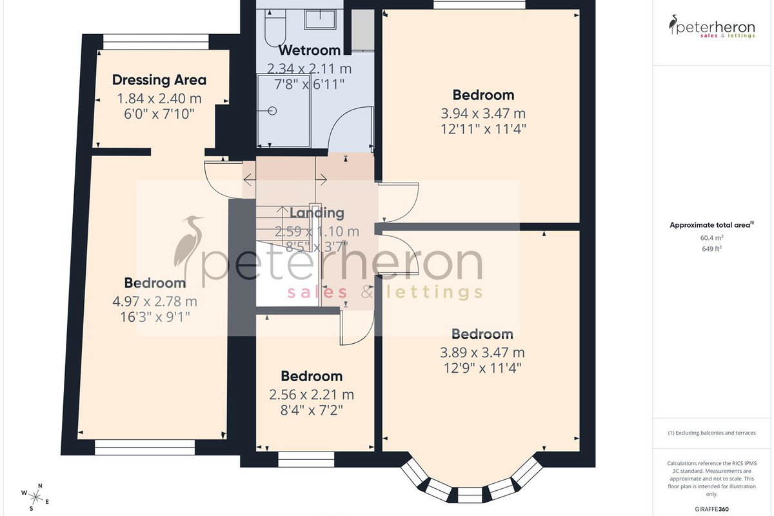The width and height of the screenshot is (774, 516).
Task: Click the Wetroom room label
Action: pyautogui.click(x=310, y=50)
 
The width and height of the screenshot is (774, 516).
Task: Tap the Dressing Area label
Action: pyautogui.click(x=159, y=80)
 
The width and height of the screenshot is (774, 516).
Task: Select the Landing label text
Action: pyautogui.click(x=317, y=213)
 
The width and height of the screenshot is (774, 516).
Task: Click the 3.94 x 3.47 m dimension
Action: pyautogui.click(x=483, y=114)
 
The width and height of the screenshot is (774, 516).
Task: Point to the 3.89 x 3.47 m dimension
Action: pyautogui.click(x=482, y=353)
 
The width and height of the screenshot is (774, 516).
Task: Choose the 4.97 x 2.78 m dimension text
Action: pyautogui.click(x=155, y=301)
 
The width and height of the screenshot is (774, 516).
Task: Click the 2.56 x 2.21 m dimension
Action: pyautogui.click(x=312, y=395)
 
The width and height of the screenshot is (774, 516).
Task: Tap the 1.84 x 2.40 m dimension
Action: pyautogui.click(x=159, y=99)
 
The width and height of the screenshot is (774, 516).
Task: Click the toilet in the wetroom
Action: pyautogui.click(x=275, y=28)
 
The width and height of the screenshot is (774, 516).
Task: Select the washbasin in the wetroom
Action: pyautogui.click(x=320, y=19)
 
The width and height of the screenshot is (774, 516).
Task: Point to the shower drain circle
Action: pyautogui.click(x=272, y=111)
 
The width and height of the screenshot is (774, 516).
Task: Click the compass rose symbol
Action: pyautogui.click(x=35, y=497)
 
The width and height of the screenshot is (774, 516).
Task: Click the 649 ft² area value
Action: pyautogui.click(x=712, y=248)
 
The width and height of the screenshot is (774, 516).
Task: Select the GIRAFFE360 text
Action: pyautogui.click(x=712, y=509)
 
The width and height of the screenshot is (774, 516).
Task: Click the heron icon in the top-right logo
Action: pyautogui.click(x=673, y=25)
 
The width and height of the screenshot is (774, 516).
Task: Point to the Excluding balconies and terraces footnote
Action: pyautogui.click(x=712, y=433)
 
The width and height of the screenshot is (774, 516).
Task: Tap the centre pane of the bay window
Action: pyautogui.click(x=470, y=495)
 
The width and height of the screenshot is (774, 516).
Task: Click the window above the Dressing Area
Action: pyautogui.click(x=156, y=42)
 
